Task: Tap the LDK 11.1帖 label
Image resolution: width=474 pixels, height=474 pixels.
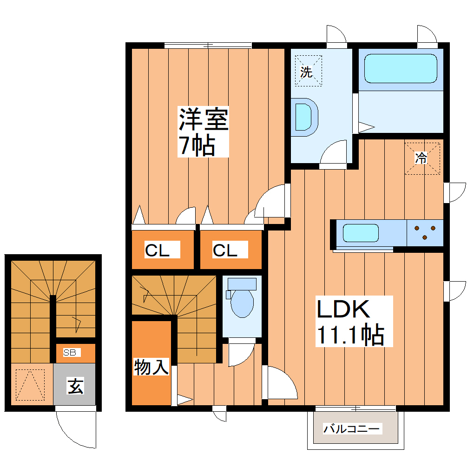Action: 350,322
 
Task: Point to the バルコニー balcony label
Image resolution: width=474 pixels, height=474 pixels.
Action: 353,428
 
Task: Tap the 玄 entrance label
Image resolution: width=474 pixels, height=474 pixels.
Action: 75,386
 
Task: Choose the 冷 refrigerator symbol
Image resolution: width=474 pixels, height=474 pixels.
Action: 421,158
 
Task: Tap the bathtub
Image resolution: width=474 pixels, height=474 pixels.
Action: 401,68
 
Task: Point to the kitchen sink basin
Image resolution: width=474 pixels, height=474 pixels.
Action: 361,233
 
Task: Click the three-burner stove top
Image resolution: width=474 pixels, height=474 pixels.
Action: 425,232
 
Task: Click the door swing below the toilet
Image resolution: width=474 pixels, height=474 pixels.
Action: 240,355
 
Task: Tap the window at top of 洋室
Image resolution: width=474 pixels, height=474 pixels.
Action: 208,45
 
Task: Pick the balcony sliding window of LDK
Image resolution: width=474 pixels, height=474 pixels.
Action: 355,408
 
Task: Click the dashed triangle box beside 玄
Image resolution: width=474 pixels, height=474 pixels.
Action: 30,384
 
